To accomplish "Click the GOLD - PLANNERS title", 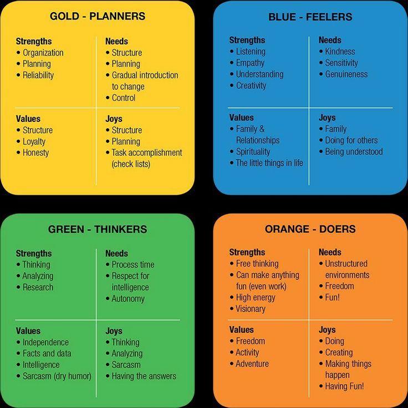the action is (98, 16).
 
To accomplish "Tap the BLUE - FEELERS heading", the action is (310, 17).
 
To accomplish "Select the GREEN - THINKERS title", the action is (98, 229).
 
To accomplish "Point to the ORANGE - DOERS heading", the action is (310, 229).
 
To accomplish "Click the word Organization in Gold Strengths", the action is (43, 53).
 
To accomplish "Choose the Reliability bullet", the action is (38, 75).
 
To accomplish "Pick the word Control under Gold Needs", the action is (123, 98).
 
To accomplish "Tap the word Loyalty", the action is (34, 141).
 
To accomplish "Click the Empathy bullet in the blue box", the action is (250, 63).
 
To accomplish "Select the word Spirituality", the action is (253, 152).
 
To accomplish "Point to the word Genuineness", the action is (346, 74).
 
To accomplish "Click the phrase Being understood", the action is (354, 152).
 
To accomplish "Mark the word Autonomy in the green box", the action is (128, 299).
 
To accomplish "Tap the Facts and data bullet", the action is (47, 353).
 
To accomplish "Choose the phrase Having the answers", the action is (144, 376).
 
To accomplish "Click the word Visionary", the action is (251, 309).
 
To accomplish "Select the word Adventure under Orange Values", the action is (252, 364).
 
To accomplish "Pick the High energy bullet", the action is (256, 298).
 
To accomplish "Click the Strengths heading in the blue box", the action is (247, 40).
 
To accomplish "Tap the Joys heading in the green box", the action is (114, 331).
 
